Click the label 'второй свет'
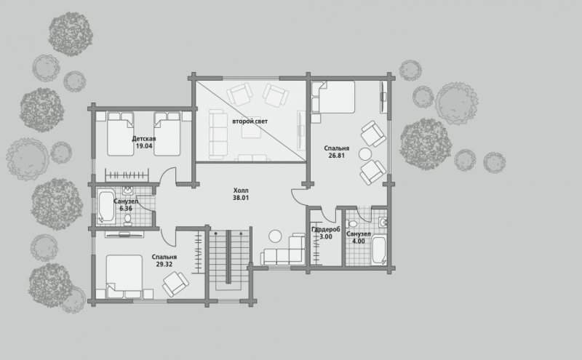(250, 121)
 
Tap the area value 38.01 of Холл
(241, 198)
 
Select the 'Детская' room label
(143, 139)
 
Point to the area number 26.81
(336, 156)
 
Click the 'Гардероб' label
(325, 229)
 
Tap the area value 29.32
(164, 264)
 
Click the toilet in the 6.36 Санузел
(128, 220)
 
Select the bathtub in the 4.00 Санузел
(379, 249)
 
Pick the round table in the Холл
(276, 236)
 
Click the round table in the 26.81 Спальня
(365, 154)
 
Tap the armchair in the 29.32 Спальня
(175, 284)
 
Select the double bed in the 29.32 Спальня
(124, 276)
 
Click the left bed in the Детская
(120, 134)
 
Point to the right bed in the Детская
(167, 134)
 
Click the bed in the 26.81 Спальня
(333, 97)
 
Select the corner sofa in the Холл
(284, 249)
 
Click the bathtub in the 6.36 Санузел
(106, 207)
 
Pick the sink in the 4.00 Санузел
(383, 223)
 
